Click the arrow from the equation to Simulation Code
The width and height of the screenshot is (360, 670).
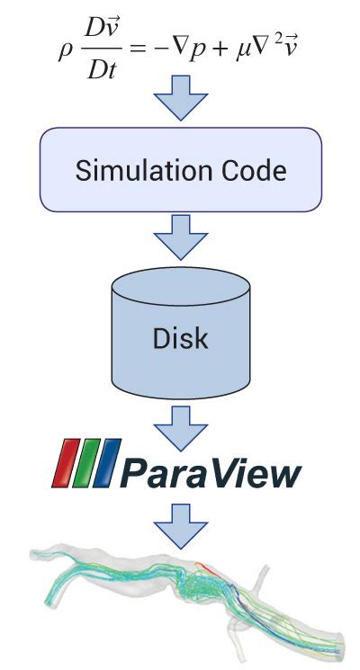[x=180, y=99]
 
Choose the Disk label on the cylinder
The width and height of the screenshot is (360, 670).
[x=180, y=338]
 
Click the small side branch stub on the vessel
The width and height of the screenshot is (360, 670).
[x=265, y=577]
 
